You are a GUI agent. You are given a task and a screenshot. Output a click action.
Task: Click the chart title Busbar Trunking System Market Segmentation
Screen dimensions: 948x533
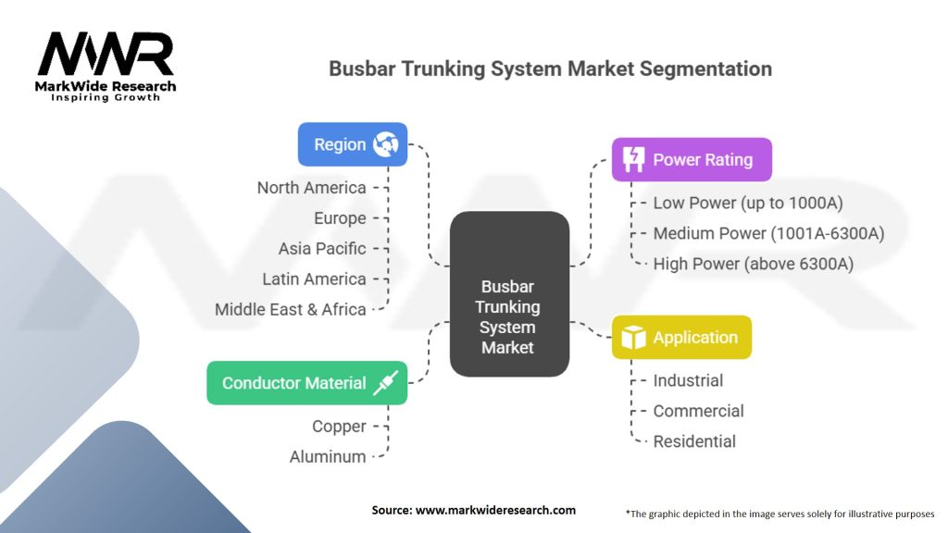click(x=551, y=68)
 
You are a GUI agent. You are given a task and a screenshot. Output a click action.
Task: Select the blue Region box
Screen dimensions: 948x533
click(x=352, y=144)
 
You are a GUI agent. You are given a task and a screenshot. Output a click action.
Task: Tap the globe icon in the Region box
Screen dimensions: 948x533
click(x=385, y=144)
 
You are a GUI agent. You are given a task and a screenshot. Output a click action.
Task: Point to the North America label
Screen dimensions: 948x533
click(x=311, y=188)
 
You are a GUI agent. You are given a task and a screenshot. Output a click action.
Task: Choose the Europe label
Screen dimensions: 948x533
click(x=340, y=218)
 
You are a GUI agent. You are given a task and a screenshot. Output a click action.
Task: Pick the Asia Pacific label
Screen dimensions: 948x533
click(x=322, y=249)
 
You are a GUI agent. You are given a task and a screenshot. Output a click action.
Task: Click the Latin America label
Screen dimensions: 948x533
click(x=314, y=279)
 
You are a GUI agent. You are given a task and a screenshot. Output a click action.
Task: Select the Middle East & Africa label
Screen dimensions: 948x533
click(x=291, y=310)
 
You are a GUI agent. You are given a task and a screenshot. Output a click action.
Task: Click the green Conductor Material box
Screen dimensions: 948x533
click(x=306, y=383)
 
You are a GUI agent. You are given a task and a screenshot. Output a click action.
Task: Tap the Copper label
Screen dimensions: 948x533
click(x=339, y=427)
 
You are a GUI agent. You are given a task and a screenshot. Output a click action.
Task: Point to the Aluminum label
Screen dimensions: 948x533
click(x=328, y=457)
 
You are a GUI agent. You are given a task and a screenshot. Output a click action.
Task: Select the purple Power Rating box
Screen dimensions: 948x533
click(x=691, y=159)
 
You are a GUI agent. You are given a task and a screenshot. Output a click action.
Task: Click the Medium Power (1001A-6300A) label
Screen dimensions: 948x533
click(x=768, y=233)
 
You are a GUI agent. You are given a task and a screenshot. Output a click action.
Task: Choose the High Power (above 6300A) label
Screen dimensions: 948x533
click(x=753, y=264)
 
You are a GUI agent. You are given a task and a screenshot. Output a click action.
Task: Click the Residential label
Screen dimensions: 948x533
click(x=694, y=441)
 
